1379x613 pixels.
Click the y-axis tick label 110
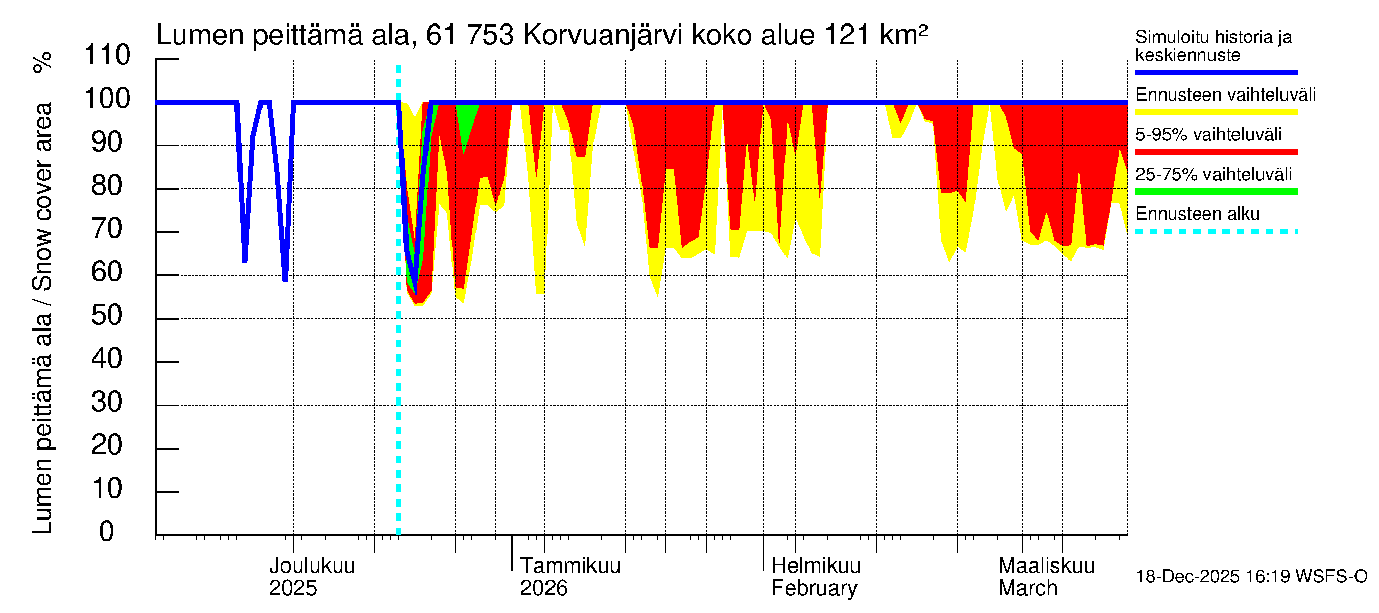pos(107,55)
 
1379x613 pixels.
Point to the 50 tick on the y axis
pos(107,315)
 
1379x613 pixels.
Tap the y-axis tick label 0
pos(107,532)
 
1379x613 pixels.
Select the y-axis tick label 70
pos(107,229)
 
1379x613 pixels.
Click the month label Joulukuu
pos(312,566)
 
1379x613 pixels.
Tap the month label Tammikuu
pos(569,566)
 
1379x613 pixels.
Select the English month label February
pos(814,588)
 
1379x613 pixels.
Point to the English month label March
pos(1027,588)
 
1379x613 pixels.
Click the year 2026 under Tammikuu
pos(543,588)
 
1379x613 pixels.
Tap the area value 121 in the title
pos(847,35)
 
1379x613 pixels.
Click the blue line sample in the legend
pos(1216,72)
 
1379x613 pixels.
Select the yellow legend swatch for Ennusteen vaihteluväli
pos(1216,112)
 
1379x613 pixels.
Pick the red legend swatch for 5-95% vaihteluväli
pos(1216,152)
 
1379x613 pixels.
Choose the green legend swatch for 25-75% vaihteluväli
pos(1216,192)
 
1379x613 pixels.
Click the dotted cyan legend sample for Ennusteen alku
pos(1216,232)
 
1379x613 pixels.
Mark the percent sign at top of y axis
pos(43,62)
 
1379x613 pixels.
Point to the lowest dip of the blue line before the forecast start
pos(286,279)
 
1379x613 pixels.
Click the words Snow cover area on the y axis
pos(43,196)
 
